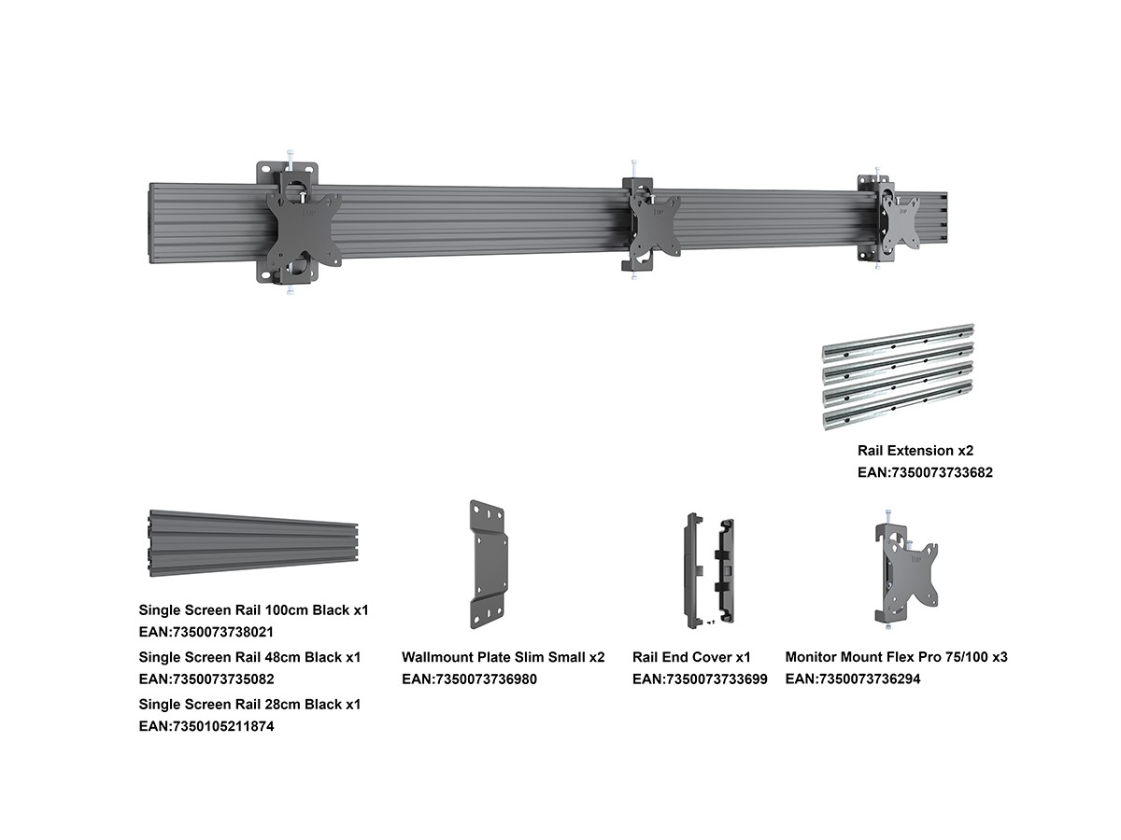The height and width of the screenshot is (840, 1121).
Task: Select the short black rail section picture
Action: (x=253, y=543)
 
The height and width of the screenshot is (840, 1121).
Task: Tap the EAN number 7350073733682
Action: (x=925, y=472)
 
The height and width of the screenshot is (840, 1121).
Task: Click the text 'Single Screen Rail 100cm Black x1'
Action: (x=253, y=609)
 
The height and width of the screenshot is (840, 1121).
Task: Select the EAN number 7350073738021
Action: (x=206, y=632)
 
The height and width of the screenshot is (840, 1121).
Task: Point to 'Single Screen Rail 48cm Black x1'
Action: (x=249, y=657)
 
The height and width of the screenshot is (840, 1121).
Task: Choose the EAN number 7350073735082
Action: (x=206, y=679)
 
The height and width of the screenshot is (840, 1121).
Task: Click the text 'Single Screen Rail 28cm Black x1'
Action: (x=249, y=704)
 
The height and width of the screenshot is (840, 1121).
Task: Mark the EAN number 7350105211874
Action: (x=206, y=726)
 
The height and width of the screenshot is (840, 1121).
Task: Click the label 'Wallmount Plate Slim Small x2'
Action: (x=503, y=657)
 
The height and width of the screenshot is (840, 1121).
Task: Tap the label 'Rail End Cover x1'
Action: (x=691, y=657)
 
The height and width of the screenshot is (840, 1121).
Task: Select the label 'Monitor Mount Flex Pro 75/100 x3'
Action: (x=896, y=657)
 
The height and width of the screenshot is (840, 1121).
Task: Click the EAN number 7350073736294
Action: (x=853, y=679)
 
